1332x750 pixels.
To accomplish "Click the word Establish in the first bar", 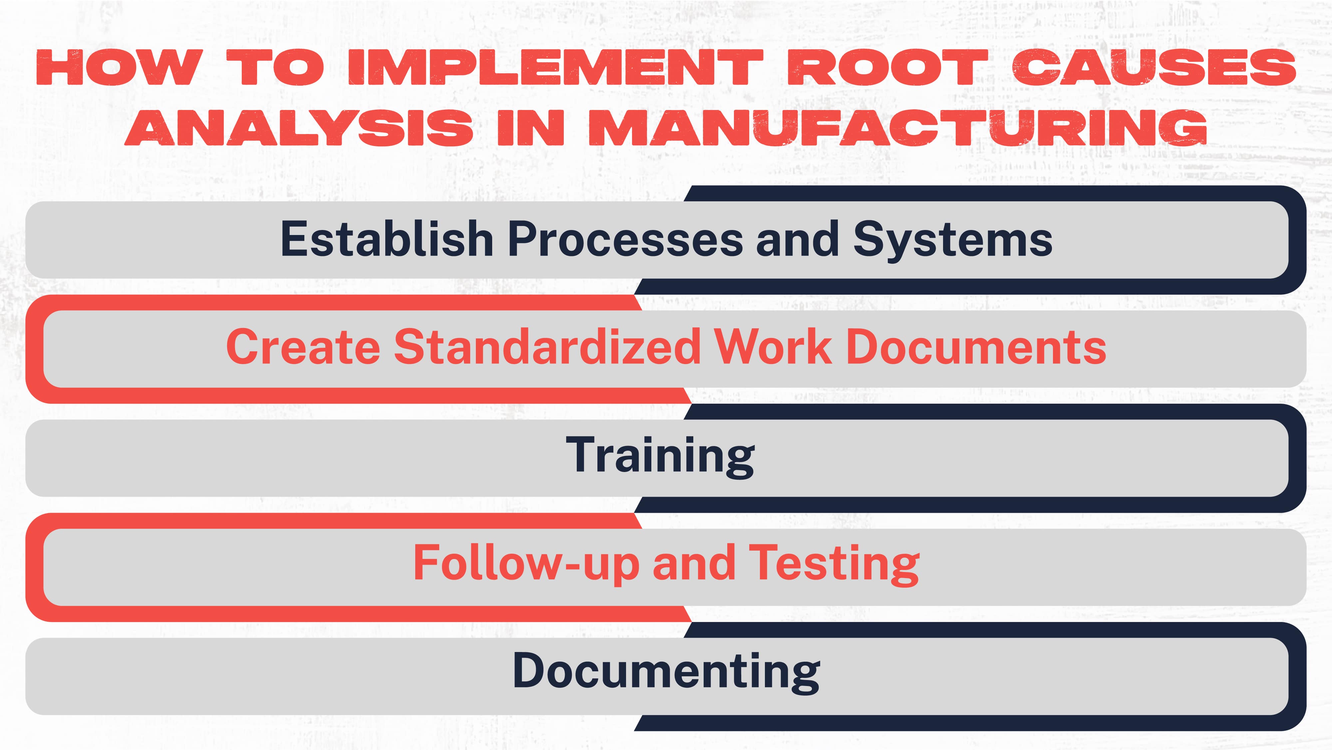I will pos(386,239).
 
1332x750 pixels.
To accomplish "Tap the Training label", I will pos(660,456).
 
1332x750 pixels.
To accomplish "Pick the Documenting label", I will pos(666,672).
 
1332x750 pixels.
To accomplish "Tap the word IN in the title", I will pos(530,127).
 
